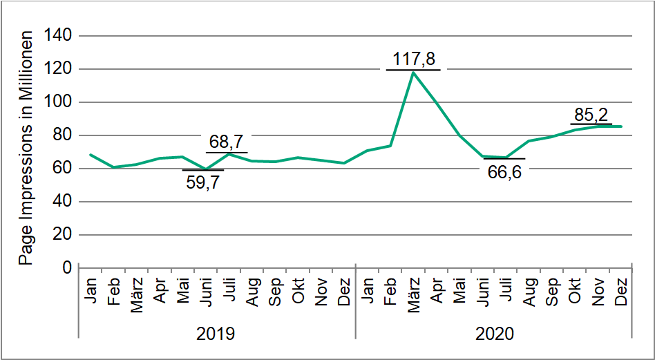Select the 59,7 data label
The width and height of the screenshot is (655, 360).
(x=203, y=183)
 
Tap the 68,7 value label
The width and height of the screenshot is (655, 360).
(x=227, y=142)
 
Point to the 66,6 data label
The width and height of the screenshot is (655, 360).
(x=504, y=171)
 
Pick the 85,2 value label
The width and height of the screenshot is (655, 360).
(x=591, y=113)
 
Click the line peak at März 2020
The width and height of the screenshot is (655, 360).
(x=413, y=72)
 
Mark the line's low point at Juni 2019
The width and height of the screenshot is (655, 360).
(x=205, y=169)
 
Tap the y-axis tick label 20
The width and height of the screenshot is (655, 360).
(x=63, y=235)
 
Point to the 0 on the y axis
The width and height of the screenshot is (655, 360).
(x=68, y=268)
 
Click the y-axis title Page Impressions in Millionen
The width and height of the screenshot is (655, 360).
(x=26, y=147)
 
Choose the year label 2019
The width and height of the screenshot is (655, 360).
(x=216, y=334)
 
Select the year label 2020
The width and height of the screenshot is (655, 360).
(x=494, y=334)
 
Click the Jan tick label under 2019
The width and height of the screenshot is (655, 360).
(x=91, y=290)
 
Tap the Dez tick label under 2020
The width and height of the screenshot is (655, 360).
(x=620, y=290)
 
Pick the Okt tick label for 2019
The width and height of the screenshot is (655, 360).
(x=298, y=290)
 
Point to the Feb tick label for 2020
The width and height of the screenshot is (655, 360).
(x=390, y=291)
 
